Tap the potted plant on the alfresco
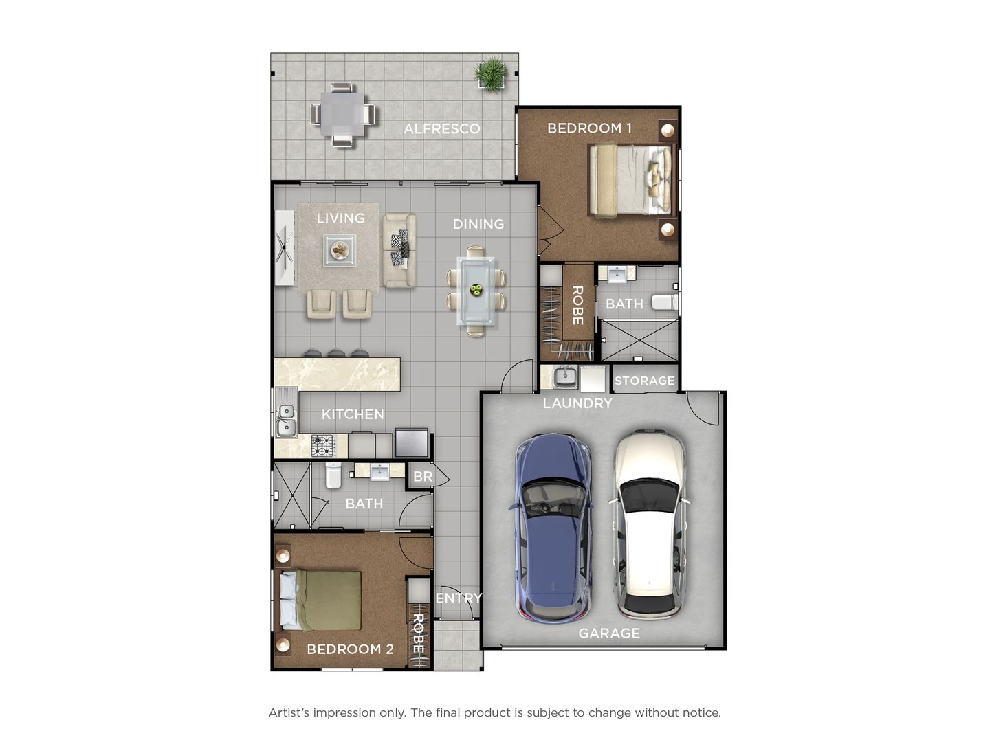tap(492, 73)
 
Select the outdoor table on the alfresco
tap(343, 114)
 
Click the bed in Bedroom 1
tap(630, 179)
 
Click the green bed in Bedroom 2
tap(320, 600)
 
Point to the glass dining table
tap(475, 290)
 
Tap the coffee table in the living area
tap(340, 250)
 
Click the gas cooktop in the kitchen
tap(323, 445)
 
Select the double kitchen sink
tap(286, 420)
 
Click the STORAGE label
tap(644, 381)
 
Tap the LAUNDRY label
tap(577, 403)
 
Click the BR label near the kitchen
tap(423, 476)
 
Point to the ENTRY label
tap(459, 598)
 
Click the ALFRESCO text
tap(441, 128)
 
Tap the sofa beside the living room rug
tap(399, 250)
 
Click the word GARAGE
tap(609, 633)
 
